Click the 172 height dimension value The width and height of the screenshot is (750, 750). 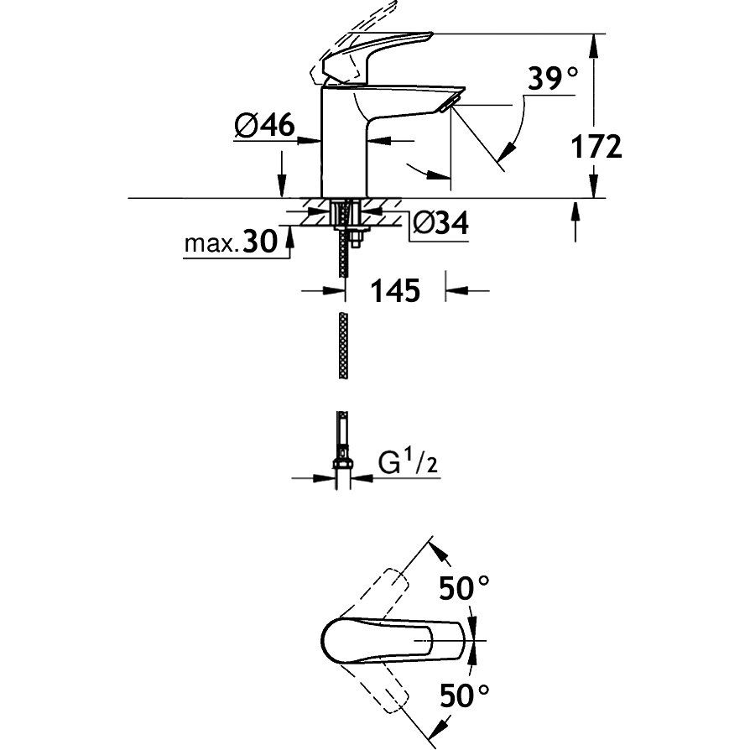click(596, 146)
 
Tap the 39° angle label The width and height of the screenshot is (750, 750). click(553, 78)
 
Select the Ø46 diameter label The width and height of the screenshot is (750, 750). click(264, 126)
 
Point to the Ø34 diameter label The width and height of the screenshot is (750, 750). click(440, 222)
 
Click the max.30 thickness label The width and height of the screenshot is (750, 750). click(231, 242)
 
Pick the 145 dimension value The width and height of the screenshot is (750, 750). click(395, 290)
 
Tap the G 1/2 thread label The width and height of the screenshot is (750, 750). click(408, 462)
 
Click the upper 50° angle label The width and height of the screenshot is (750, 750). click(464, 588)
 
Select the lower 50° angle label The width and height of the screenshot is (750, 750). click(464, 695)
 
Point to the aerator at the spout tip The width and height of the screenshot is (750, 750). click(449, 104)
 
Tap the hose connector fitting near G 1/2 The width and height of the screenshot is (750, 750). click(342, 463)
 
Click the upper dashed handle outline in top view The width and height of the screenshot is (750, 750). click(373, 594)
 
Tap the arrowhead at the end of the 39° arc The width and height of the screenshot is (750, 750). click(506, 153)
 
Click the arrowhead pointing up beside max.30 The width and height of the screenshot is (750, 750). click(289, 236)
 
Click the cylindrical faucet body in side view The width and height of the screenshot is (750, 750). click(343, 142)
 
